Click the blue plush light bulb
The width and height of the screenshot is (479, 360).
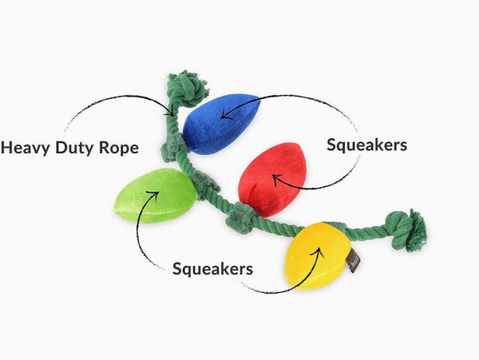coord(221,123)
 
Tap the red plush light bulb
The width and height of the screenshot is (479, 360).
coord(272,180)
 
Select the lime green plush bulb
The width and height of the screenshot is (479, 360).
coord(156,196)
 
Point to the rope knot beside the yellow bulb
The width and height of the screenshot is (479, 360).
coord(406,231)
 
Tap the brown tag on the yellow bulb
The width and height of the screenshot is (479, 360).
coord(354,260)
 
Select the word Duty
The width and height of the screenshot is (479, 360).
coord(75,148)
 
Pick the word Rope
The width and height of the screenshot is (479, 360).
coord(119,148)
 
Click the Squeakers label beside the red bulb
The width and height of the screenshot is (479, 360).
coord(366,145)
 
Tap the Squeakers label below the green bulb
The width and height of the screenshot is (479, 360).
coord(212,269)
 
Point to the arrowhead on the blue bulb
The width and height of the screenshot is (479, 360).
coord(225,114)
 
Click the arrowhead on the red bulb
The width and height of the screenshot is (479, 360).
coord(276,180)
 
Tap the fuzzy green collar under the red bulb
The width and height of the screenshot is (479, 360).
coord(240,217)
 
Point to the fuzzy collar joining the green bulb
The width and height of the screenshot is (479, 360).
coord(204,184)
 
